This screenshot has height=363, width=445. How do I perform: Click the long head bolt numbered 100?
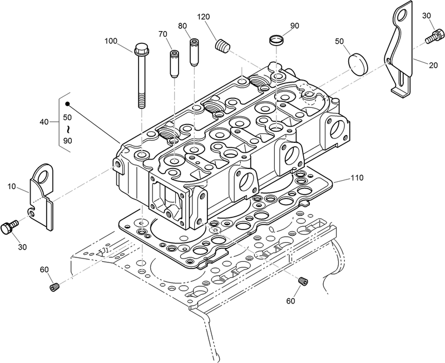pos(141,78)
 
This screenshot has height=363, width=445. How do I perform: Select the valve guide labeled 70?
pos(174,58)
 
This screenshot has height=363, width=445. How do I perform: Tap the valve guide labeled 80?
pos(194,52)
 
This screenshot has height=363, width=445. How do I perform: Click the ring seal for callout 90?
pos(275,41)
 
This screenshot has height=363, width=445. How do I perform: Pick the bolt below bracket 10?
pos(9,227)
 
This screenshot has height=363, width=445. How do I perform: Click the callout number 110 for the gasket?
pos(357,178)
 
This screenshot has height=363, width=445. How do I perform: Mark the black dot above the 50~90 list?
pos(68,104)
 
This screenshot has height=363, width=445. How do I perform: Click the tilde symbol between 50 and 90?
pos(67,129)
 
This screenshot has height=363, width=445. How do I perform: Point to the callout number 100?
pos(111,41)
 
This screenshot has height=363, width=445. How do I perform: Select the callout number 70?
pos(163,34)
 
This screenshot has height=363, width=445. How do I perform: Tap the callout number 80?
pos(182,26)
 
